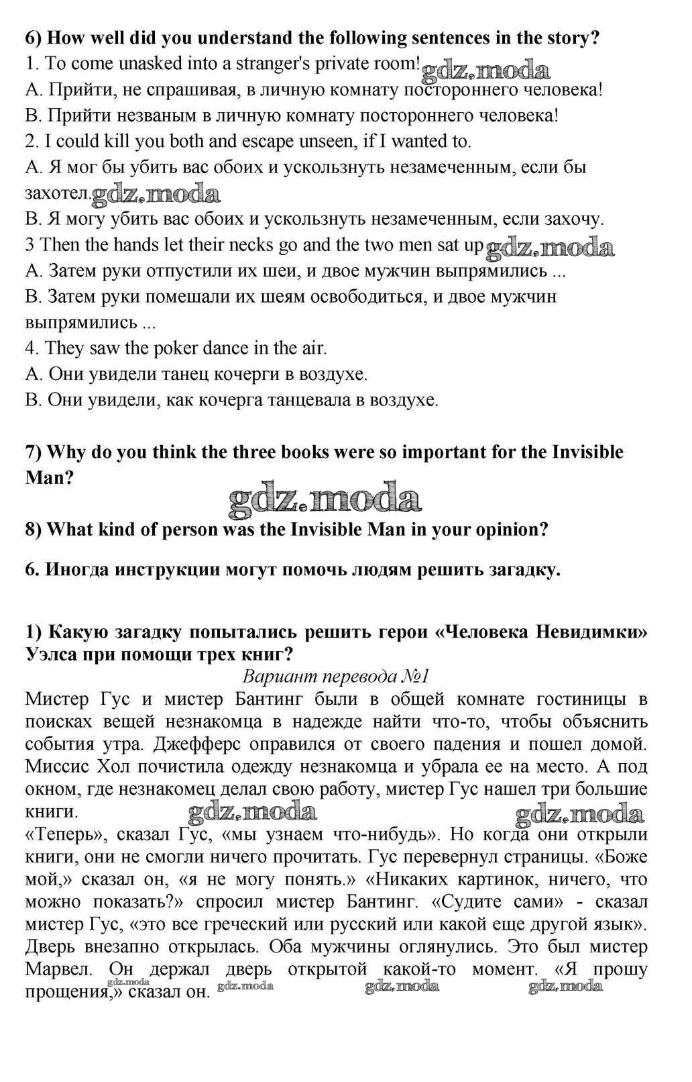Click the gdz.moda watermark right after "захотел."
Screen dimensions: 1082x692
tap(156, 195)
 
